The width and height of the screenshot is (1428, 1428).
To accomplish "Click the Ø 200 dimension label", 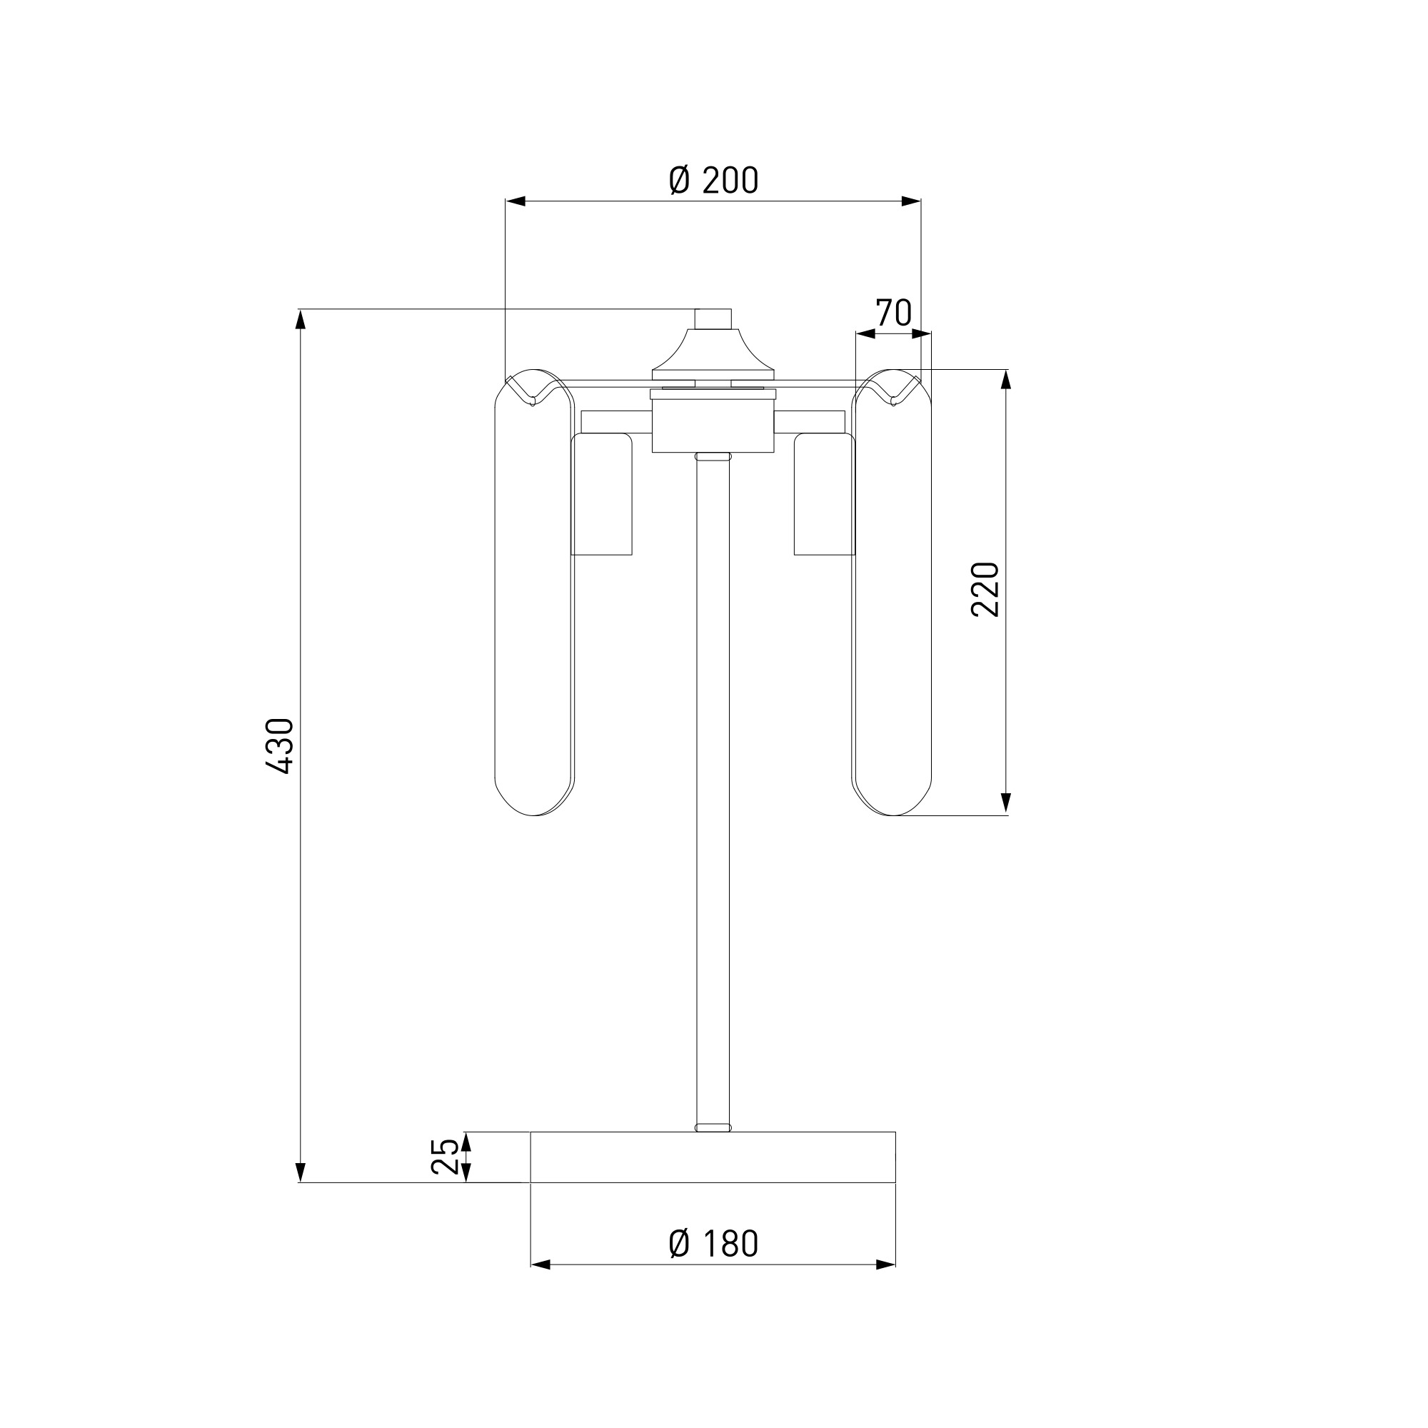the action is coord(713,181).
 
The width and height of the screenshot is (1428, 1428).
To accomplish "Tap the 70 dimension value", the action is coord(894,313).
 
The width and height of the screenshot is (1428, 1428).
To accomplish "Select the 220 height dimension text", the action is coord(985,590).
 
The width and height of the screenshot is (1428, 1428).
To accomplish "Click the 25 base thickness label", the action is coord(444,1177).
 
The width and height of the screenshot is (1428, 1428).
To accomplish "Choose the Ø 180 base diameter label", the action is coord(713,1245).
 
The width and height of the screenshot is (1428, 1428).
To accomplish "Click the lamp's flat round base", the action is coord(713,1178).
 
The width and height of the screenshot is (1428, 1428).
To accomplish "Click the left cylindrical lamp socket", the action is coord(602,495).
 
